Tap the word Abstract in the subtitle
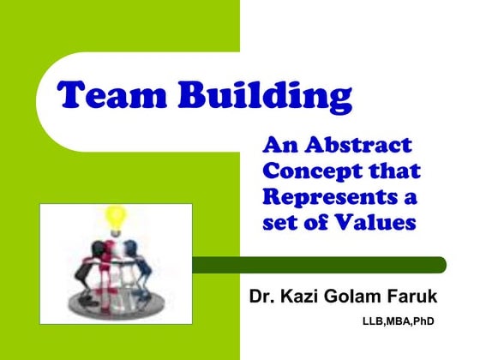coord(360,145)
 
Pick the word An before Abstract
coord(282,145)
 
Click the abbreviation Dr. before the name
coord(262,297)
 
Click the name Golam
coord(355,297)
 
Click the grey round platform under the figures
coord(115,296)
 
